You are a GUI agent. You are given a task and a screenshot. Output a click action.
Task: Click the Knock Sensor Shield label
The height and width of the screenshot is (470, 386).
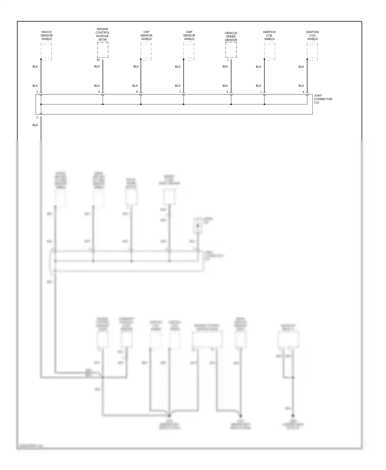tap(47, 35)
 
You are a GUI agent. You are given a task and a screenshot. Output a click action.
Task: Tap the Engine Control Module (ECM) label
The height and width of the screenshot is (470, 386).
tap(102, 34)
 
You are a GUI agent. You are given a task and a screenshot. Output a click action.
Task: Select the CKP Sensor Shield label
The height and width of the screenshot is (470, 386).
tap(146, 35)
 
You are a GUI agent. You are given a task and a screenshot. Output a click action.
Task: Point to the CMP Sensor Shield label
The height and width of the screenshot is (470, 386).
tap(189, 35)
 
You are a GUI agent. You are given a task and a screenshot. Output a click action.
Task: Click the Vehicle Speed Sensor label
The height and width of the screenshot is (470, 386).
tap(231, 37)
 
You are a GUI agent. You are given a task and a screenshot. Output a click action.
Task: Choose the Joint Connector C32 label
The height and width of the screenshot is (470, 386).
tap(323, 99)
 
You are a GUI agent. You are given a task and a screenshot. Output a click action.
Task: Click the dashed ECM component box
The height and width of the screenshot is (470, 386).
tap(103, 50)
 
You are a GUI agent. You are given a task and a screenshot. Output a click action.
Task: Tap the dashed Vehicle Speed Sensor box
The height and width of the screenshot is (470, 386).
tap(231, 50)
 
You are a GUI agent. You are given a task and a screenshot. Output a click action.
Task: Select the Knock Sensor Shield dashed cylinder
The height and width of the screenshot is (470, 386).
tap(47, 51)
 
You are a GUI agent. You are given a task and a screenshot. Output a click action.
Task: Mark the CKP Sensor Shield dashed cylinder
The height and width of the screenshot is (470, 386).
tap(146, 51)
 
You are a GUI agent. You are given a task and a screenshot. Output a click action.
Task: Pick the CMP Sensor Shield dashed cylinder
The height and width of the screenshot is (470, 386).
tap(189, 51)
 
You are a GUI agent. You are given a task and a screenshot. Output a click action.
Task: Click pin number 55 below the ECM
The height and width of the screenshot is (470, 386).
tap(98, 60)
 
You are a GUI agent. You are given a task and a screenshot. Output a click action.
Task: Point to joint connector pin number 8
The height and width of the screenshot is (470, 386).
tap(99, 92)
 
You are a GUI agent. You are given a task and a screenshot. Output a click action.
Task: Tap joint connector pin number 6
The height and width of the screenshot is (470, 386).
tap(137, 92)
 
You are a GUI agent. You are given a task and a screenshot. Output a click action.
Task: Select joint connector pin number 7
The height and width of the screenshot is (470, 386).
tap(180, 92)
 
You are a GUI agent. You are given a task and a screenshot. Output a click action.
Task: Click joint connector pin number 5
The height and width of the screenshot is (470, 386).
tap(227, 92)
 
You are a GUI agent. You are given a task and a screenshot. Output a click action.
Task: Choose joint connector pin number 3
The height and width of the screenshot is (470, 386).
tap(37, 92)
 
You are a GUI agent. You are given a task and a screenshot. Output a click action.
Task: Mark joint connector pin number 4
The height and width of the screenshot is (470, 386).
tap(303, 92)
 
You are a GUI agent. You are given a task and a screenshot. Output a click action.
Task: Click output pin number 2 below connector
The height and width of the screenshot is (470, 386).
tap(37, 117)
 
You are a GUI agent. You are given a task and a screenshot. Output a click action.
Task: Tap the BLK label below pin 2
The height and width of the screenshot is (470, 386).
tap(35, 125)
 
